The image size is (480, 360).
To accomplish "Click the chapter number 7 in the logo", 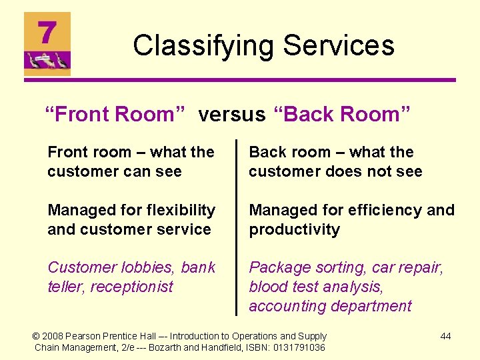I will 47,31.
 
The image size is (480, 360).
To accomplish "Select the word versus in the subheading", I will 231,115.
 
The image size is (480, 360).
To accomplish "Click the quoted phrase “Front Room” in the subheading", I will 110,115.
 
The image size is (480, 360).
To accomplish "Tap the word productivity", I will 294,229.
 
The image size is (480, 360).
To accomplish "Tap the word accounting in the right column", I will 285,306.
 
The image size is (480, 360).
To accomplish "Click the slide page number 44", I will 445,336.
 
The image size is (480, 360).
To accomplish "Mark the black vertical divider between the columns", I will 236,227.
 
